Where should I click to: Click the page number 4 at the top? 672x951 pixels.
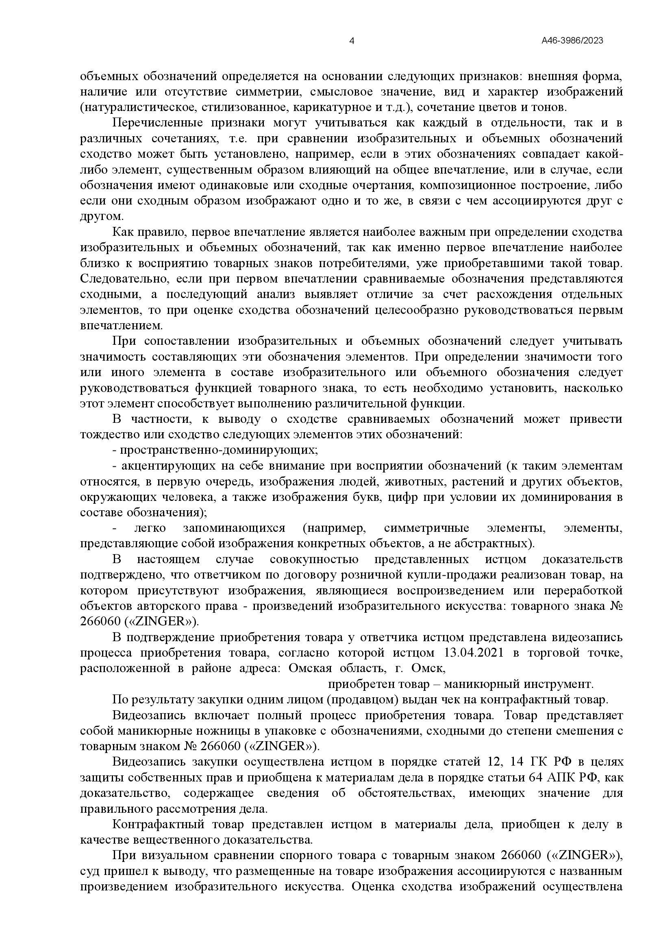[x=352, y=41]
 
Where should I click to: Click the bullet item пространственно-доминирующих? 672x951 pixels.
[x=216, y=450]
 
